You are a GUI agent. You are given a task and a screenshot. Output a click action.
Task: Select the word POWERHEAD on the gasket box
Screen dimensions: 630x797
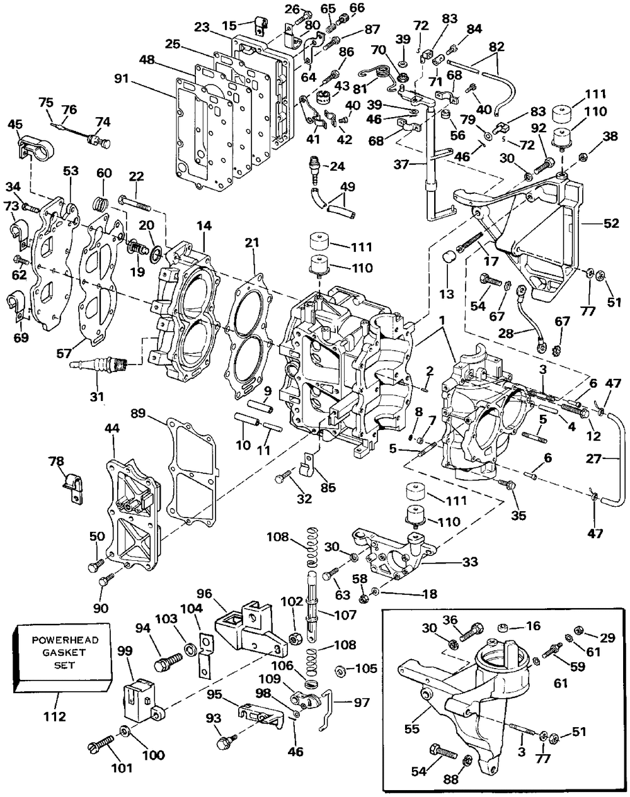(59, 640)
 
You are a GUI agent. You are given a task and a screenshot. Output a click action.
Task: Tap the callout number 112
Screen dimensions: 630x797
(54, 716)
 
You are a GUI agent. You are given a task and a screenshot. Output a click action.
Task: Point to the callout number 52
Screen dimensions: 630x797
(611, 223)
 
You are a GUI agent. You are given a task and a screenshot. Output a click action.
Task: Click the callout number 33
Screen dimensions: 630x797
(470, 562)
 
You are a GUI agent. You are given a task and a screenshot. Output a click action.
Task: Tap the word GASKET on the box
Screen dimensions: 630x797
(59, 652)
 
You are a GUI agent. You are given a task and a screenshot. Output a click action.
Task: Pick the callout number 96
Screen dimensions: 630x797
(204, 594)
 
